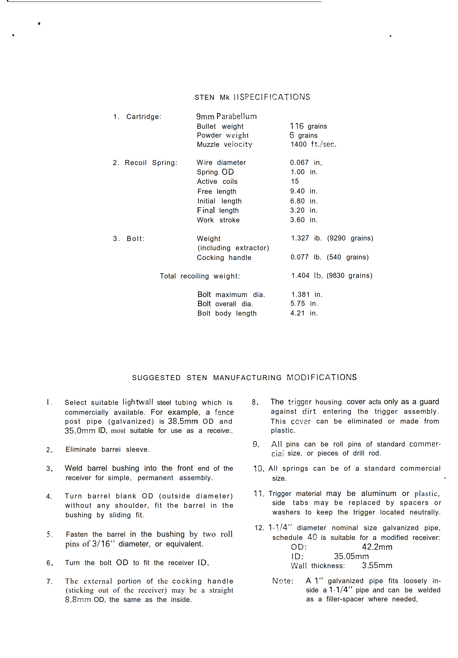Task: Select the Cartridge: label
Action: pos(144,117)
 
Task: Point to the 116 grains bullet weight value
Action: pos(308,126)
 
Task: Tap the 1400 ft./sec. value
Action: pos(313,144)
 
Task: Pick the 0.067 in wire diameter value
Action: pos(306,162)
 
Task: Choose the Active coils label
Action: pos(217,182)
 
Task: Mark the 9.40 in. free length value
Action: pos(304,191)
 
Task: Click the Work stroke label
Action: pos(218,220)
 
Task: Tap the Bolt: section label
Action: pos(135,239)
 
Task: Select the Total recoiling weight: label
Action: pos(200,276)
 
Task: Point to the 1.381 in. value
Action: pos(306,294)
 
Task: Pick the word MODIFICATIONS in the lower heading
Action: pos(321,378)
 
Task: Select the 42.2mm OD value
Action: pos(377,547)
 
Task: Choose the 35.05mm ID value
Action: pos(351,556)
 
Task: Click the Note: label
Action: pos(283,581)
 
